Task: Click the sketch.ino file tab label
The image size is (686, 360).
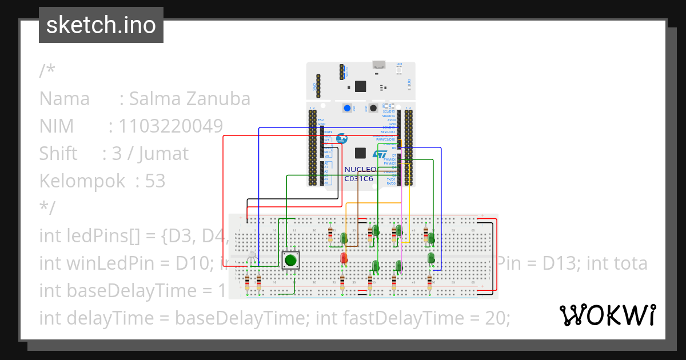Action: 101,25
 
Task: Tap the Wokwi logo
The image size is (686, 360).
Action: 607,315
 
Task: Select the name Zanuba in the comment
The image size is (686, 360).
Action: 221,99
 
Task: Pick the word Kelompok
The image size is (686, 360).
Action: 82,181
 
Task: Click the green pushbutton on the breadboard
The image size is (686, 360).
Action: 290,261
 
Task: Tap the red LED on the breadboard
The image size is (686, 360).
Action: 344,258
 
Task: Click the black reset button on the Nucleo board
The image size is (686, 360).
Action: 373,108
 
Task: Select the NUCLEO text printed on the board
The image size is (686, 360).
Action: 360,170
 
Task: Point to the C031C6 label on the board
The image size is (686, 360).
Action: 358,178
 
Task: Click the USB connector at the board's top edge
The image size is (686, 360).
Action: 378,65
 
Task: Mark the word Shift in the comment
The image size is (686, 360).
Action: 58,154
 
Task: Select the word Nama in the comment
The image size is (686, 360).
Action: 64,99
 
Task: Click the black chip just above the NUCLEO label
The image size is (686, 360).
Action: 360,153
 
